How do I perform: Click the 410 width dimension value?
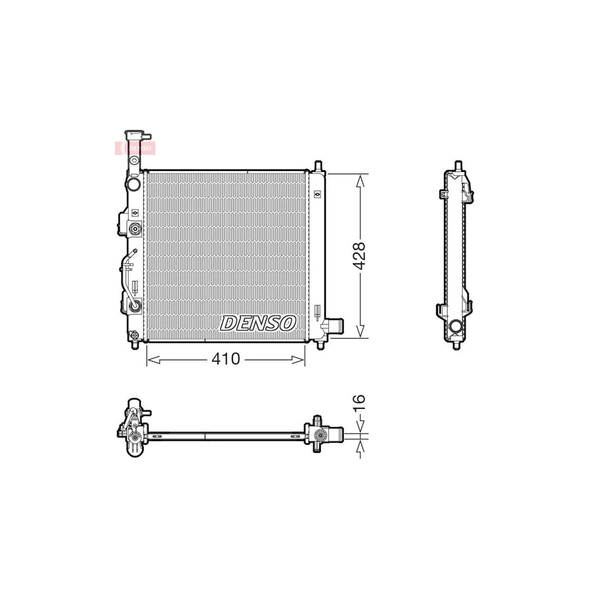225,359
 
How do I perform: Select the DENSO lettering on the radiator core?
258,322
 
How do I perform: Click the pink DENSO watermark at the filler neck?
135,148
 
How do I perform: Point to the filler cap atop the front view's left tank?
136,134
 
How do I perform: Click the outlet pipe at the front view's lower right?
334,326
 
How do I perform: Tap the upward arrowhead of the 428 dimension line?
359,180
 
